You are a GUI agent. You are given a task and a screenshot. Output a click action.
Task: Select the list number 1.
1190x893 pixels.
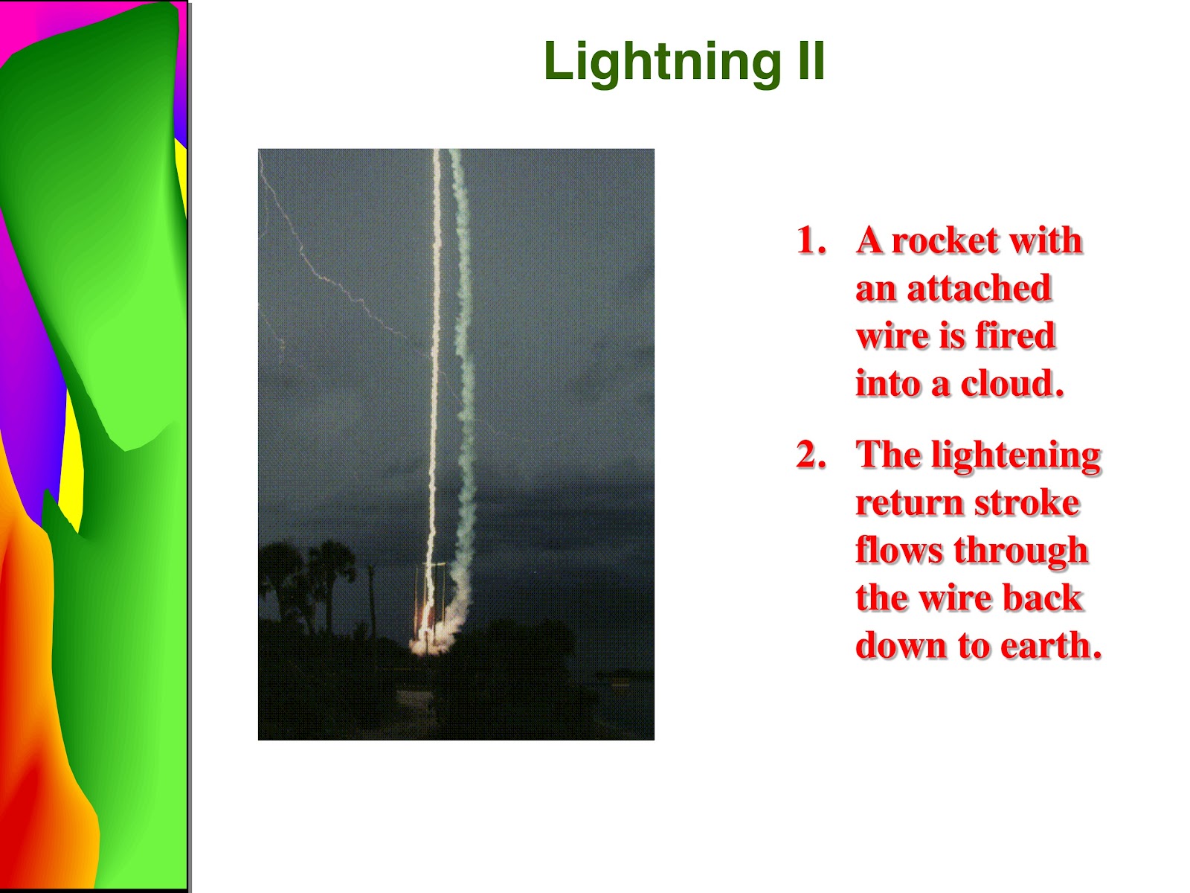point(811,240)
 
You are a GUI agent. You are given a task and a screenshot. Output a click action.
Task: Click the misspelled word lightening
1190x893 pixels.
point(1016,456)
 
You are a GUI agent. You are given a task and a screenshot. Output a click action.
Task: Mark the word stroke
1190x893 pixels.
point(1027,502)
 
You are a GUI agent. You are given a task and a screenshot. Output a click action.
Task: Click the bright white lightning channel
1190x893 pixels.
point(434,380)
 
